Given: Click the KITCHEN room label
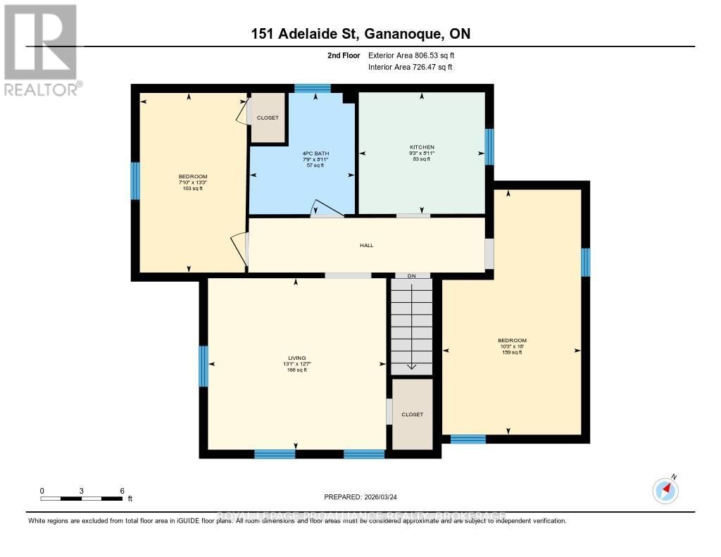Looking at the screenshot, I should (x=422, y=147).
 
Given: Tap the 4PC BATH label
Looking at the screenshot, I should (x=315, y=154).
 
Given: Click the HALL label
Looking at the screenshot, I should (x=366, y=246).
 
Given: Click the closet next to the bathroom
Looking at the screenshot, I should (x=268, y=118).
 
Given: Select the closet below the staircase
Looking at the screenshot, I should (x=413, y=414).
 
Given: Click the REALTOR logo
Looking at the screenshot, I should (x=41, y=50).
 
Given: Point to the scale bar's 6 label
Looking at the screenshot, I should (x=122, y=490).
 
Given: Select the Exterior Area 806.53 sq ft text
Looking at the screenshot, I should (x=415, y=55).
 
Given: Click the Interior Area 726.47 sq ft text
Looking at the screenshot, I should (x=410, y=68).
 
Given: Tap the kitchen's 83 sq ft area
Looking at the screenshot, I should (x=422, y=159).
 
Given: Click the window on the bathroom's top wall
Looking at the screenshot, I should (x=312, y=88).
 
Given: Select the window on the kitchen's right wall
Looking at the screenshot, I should (x=489, y=146).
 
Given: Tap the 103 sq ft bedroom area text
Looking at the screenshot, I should (x=192, y=189).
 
